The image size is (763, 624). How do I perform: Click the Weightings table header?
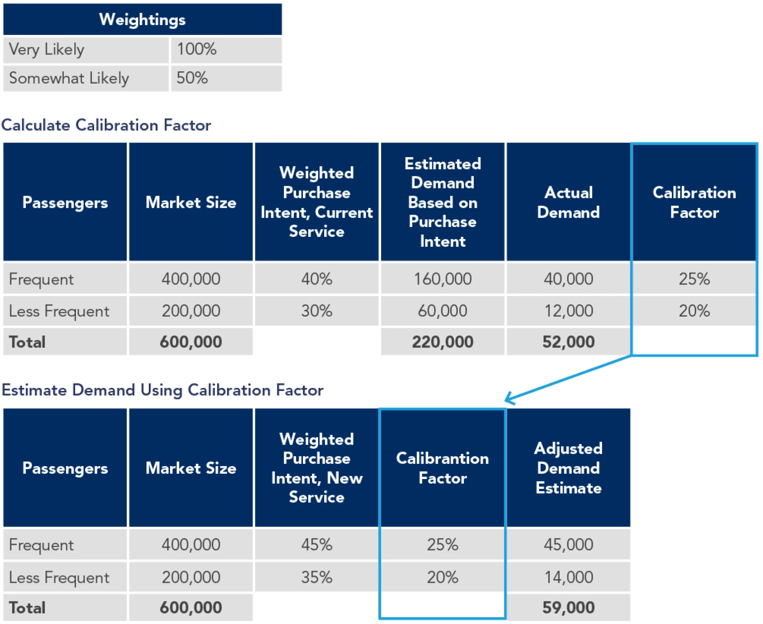(x=142, y=19)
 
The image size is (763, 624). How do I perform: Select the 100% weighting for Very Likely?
(x=197, y=49)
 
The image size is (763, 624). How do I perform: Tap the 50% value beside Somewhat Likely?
(x=192, y=78)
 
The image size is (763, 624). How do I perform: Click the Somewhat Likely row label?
(x=69, y=78)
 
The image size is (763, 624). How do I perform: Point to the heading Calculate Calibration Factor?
(x=106, y=125)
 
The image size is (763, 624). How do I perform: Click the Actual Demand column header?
(x=568, y=202)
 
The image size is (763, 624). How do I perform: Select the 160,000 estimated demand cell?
(x=443, y=279)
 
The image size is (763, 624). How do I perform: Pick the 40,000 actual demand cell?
(x=568, y=279)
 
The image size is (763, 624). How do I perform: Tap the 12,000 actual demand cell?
(x=568, y=311)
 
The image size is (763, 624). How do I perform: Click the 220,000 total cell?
(x=443, y=342)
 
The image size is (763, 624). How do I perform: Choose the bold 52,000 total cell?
(x=568, y=342)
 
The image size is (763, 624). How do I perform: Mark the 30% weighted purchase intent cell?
(x=317, y=311)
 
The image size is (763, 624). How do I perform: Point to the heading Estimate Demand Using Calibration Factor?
(x=163, y=390)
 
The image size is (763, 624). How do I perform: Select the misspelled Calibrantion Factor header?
(x=443, y=468)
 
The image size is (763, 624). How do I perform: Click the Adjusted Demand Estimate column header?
(x=568, y=468)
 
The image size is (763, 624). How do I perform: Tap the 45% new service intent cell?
(x=317, y=545)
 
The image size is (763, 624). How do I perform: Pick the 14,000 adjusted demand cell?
(x=568, y=577)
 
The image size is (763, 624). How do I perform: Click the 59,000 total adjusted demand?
(x=568, y=608)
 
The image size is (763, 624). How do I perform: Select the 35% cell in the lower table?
(x=317, y=577)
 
